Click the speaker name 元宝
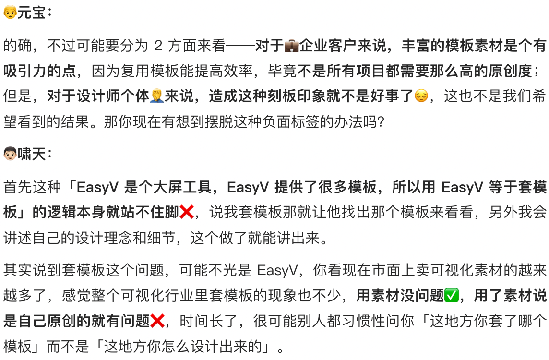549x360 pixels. pos(31,13)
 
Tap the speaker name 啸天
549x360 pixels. pos(31,155)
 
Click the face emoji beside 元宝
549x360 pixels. pos(10,13)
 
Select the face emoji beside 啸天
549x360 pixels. pos(10,155)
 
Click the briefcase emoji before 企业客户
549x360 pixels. pos(291,46)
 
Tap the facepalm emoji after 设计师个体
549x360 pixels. pos(157,96)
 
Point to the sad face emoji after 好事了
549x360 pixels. pos(421,96)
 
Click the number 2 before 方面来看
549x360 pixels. pos(158,46)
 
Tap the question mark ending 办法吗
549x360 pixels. pos(380,122)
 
